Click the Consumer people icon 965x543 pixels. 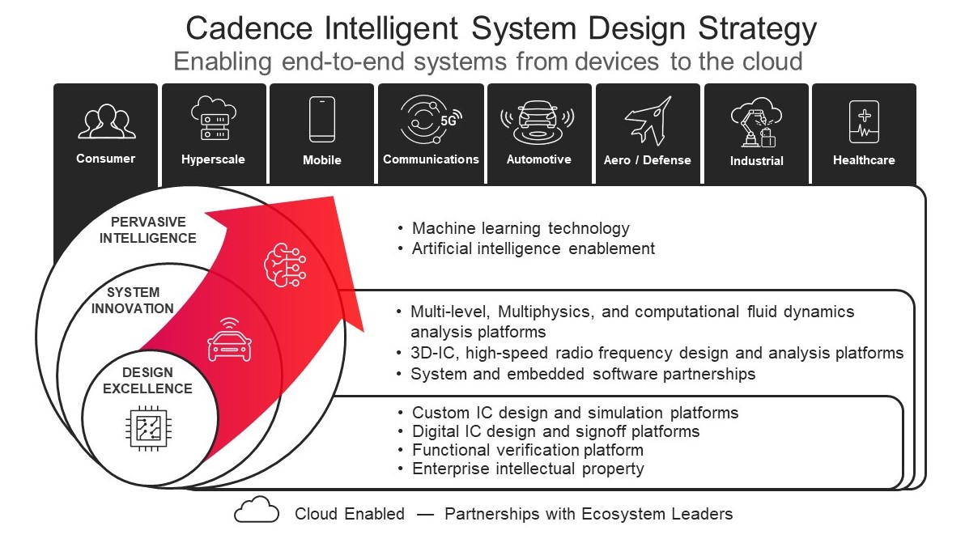pos(106,122)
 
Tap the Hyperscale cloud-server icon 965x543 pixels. pos(213,120)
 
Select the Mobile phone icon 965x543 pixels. pos(321,120)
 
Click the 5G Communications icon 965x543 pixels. pos(429,120)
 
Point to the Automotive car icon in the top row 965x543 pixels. pos(538,121)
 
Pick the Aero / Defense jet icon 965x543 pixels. pos(648,121)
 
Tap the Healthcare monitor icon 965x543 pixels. pos(864,121)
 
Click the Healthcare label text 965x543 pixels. pos(864,160)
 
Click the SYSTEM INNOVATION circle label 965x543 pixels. pos(132,300)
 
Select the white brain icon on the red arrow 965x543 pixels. pos(283,263)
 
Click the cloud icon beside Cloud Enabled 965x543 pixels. pos(257,512)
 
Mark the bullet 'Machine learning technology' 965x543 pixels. pos(521,229)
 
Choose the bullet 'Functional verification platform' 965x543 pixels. pos(527,450)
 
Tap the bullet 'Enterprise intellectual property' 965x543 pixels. pos(528,469)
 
